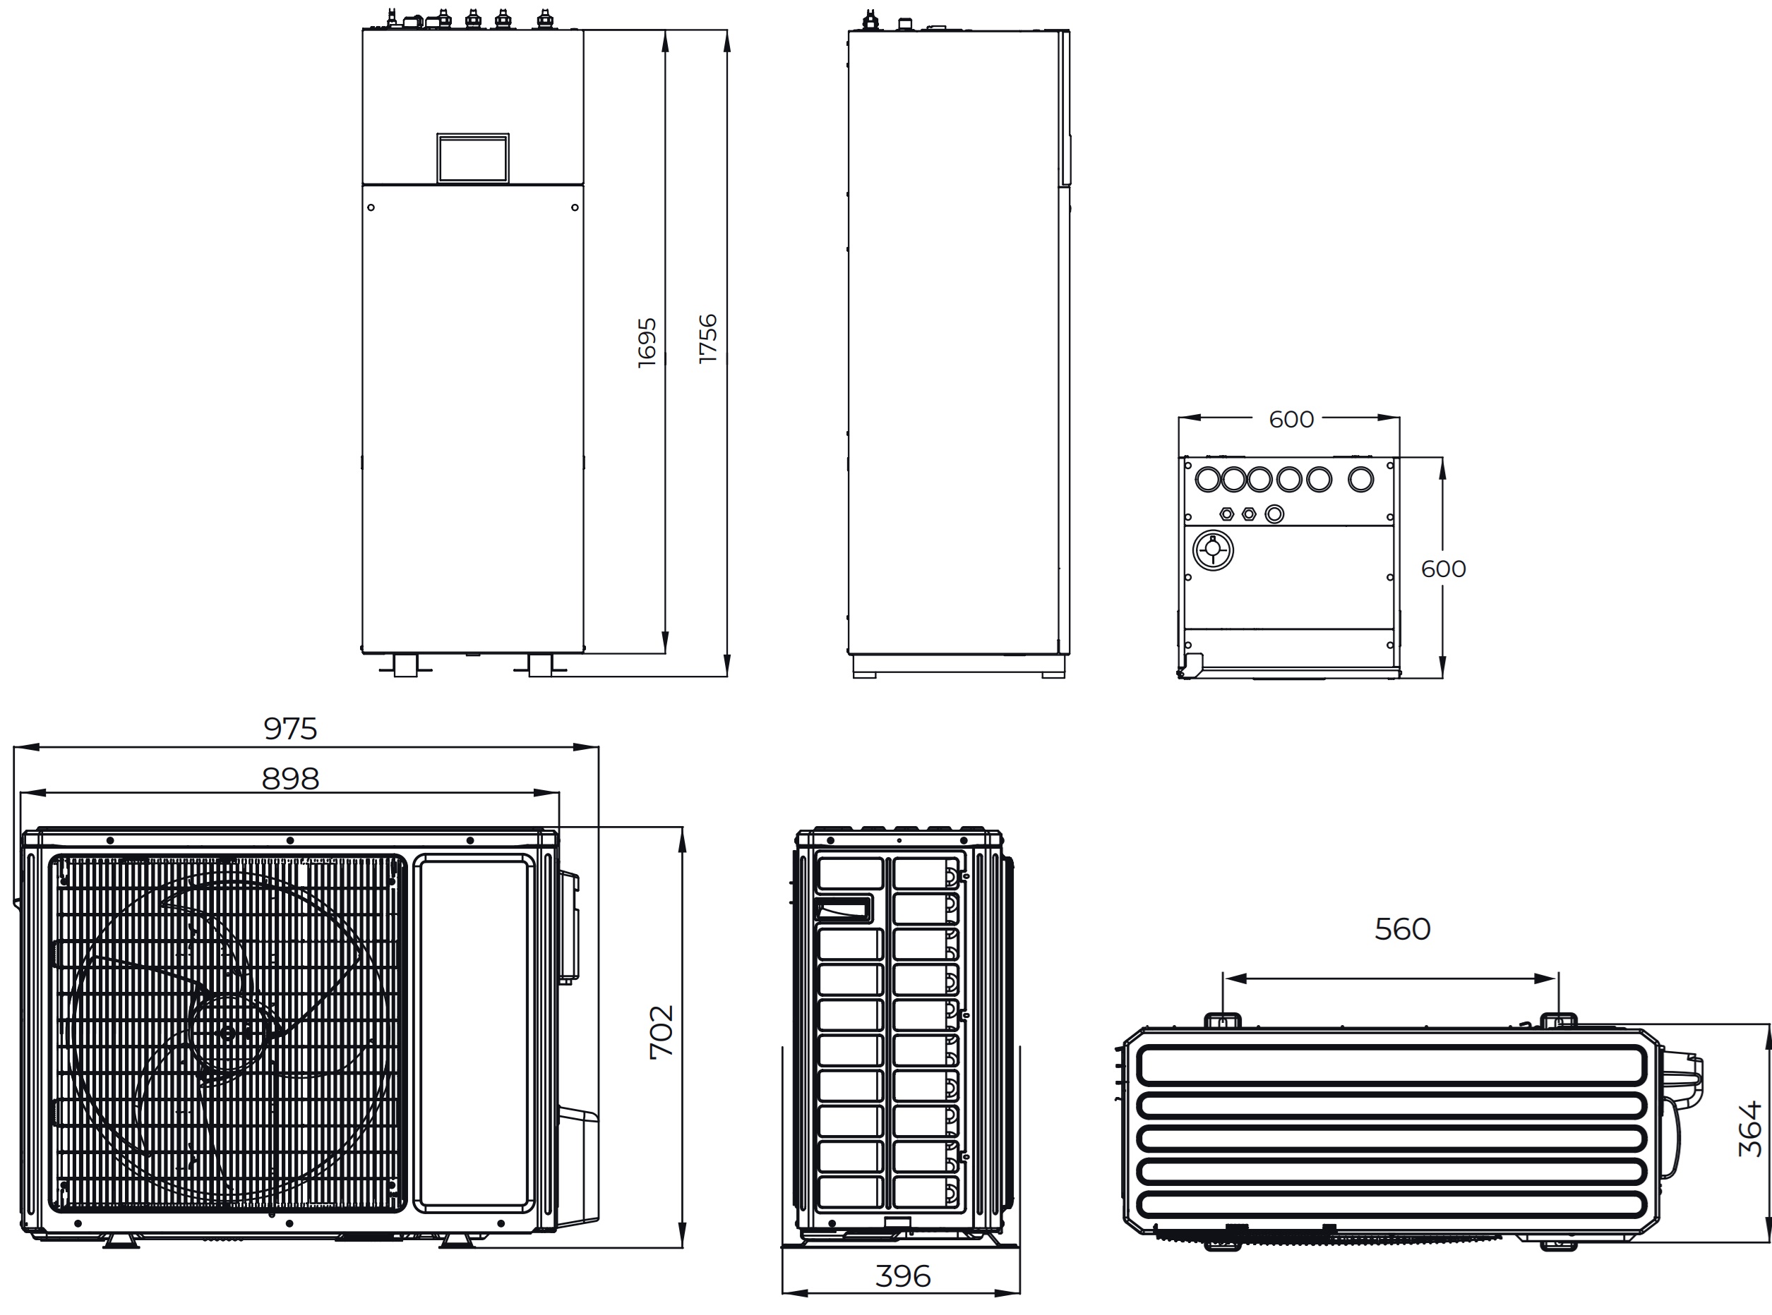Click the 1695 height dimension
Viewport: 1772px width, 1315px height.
pos(647,342)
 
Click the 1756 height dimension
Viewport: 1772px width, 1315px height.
pos(708,339)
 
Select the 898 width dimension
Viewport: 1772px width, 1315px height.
pos(291,780)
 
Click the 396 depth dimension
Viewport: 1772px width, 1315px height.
pos(902,1277)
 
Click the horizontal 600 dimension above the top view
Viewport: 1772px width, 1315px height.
pos(1291,420)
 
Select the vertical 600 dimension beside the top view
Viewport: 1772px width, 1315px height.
pos(1443,569)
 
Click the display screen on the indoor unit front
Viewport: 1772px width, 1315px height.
pos(472,159)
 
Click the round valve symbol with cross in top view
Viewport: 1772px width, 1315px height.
pos(1212,550)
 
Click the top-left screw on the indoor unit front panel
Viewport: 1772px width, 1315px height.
pos(371,207)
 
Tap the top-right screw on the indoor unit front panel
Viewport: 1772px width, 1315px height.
pos(575,207)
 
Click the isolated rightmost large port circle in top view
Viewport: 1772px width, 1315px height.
pos(1361,479)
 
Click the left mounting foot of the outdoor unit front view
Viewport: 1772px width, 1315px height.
pos(121,1240)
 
